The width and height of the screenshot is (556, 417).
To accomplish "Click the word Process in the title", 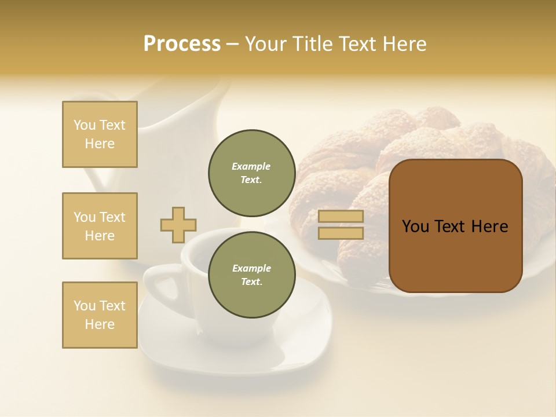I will coord(182,44).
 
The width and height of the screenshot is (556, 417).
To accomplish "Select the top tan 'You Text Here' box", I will coord(100,134).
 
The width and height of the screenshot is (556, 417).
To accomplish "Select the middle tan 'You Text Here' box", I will coord(100,226).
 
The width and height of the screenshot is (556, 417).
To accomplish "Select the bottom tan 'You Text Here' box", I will coord(100,315).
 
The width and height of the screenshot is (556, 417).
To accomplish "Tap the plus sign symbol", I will coord(178,225).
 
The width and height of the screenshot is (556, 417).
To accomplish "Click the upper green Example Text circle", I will coord(251,173).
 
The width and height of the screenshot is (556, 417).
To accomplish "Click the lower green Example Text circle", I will coord(251,275).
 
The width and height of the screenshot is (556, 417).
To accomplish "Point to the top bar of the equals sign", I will coord(341,216).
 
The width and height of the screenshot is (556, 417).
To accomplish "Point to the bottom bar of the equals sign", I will coord(341,233).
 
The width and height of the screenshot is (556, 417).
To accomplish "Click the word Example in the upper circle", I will coord(251,166).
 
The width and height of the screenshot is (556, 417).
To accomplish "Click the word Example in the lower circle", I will coord(251,268).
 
